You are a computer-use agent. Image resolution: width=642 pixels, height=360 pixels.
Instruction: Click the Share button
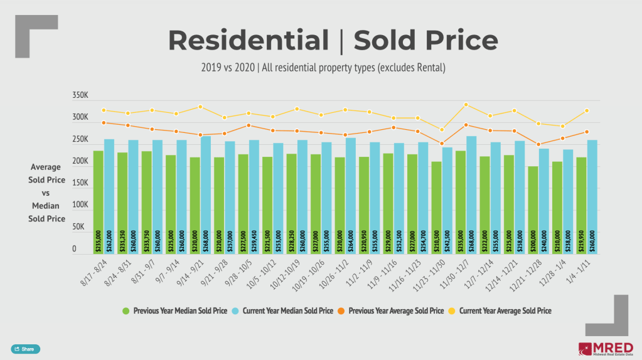point(25,349)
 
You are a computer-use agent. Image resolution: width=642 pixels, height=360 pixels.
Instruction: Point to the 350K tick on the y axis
point(82,96)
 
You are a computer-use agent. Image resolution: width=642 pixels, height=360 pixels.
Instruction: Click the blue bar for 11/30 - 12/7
point(472,194)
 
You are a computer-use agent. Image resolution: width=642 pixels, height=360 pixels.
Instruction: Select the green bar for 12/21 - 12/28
point(533,209)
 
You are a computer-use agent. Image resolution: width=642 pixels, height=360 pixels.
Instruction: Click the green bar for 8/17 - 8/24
point(99,201)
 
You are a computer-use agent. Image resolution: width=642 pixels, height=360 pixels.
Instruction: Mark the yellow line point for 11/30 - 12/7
point(466,105)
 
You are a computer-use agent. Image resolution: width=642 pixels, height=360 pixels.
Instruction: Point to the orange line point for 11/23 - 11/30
point(442,144)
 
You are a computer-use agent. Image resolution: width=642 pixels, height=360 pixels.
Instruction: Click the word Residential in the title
point(249,41)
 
